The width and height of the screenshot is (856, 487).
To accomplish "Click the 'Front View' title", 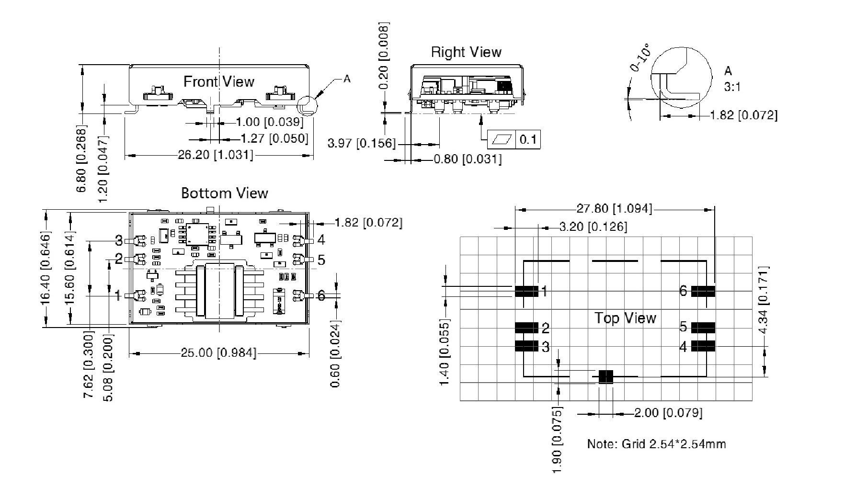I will (219, 81).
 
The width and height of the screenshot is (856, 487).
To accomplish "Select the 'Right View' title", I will (466, 52).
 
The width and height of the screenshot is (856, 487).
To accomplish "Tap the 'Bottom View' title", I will (224, 193).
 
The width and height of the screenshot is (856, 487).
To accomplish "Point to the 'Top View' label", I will (625, 318).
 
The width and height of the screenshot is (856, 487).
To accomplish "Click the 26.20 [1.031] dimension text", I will (216, 155).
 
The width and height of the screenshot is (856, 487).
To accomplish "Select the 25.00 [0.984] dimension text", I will (218, 353).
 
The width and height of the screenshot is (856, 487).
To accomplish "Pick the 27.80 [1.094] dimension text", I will (614, 208).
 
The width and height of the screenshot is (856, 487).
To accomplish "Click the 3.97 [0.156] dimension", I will (362, 143).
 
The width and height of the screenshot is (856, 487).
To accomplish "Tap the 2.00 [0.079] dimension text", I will (668, 413).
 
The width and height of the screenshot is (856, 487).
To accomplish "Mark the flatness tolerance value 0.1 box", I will (527, 140).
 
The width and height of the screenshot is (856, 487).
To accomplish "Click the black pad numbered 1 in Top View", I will (526, 291).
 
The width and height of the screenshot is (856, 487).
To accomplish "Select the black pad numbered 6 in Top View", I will (703, 291).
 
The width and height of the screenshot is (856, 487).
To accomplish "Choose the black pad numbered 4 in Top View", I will (703, 346).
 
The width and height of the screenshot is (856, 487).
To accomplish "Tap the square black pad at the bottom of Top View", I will (605, 376).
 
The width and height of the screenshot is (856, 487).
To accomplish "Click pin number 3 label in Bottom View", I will (119, 240).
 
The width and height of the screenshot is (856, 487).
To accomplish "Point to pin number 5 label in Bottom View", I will (321, 260).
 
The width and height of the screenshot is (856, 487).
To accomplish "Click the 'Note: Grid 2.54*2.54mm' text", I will (656, 444).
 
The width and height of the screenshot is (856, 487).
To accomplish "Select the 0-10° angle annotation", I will (640, 58).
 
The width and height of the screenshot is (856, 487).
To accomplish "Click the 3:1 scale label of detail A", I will (732, 87).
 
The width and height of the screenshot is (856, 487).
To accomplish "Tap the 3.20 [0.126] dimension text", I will (593, 227).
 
